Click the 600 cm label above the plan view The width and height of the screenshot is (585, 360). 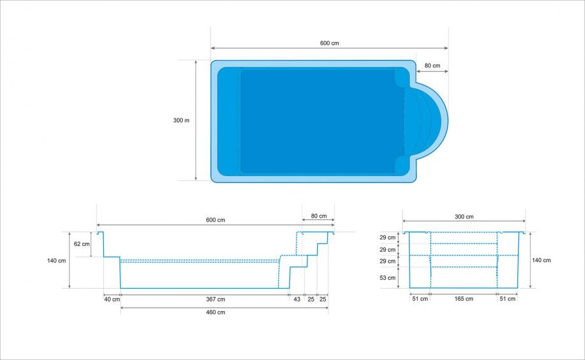330,43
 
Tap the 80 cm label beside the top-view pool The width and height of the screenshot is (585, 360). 432,66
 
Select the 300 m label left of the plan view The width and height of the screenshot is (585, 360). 181,120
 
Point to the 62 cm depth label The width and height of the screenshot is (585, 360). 81,244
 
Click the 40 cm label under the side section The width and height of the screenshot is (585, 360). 112,299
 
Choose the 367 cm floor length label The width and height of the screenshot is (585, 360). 216,299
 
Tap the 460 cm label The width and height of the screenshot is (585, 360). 216,312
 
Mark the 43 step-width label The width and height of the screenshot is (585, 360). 297,299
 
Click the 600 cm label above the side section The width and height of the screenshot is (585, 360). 216,220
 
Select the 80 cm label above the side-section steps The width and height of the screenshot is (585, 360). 319,216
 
